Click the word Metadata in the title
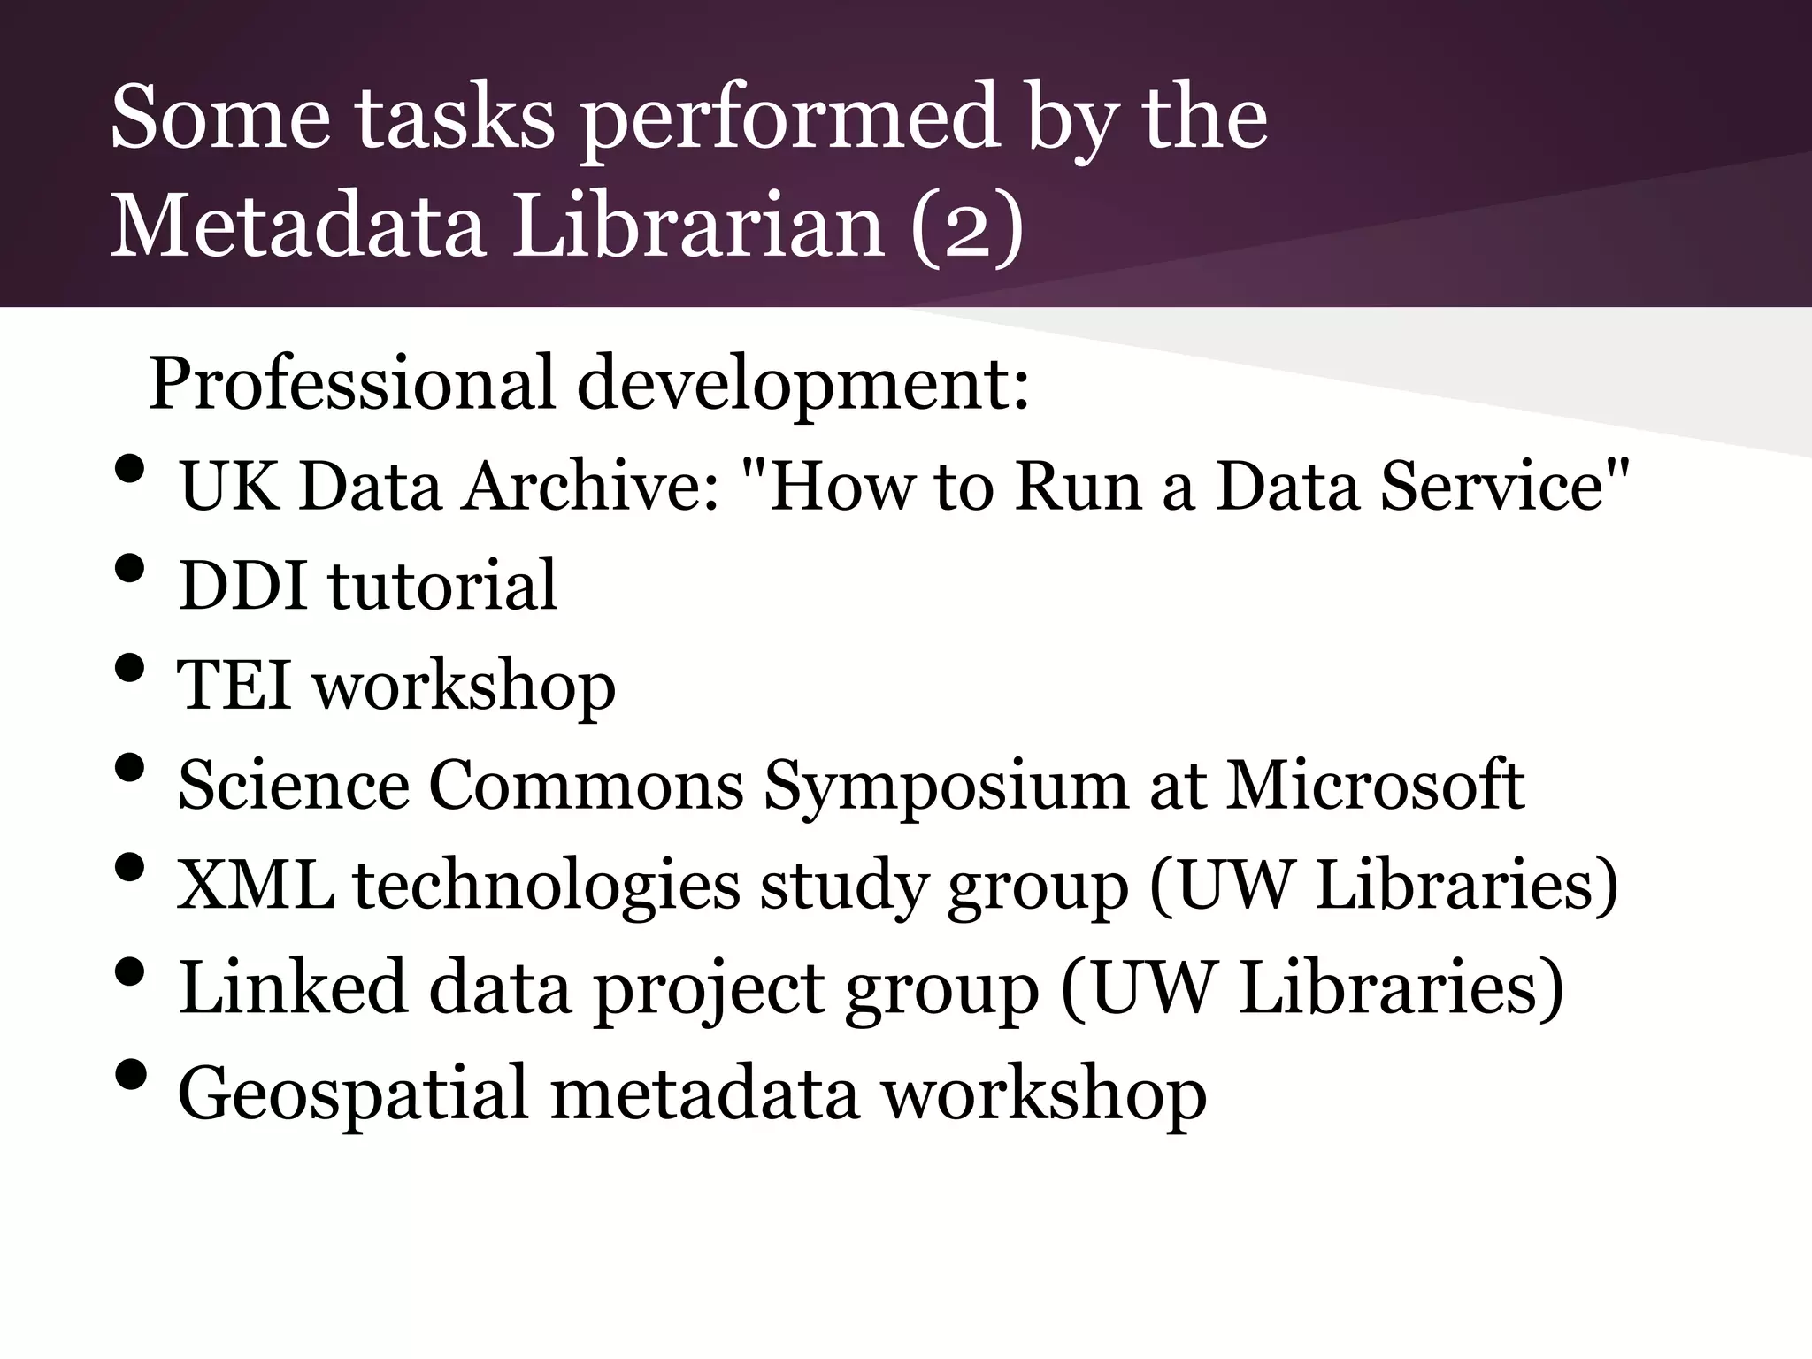[x=297, y=226]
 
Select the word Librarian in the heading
[x=699, y=226]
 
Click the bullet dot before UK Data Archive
[x=129, y=470]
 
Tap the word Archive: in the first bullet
[x=591, y=487]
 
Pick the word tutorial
[x=443, y=586]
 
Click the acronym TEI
[x=235, y=686]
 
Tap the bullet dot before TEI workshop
[x=129, y=669]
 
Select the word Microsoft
[x=1375, y=786]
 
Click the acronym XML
[x=256, y=886]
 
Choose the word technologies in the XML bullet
[x=547, y=886]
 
